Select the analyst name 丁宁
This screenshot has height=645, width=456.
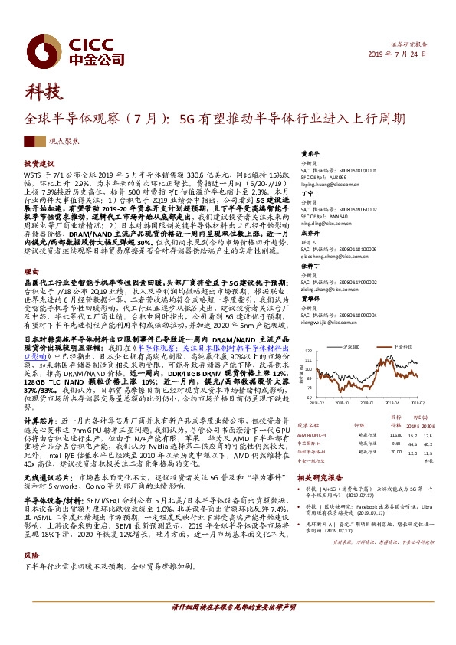point(307,194)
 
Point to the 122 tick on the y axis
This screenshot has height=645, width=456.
point(307,353)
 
